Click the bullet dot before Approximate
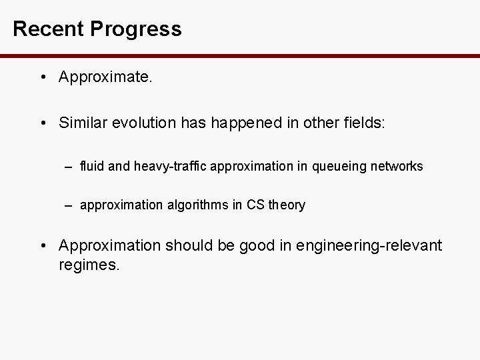42,77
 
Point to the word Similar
83,123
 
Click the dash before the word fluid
69,166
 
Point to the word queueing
331,166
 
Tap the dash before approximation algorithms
69,205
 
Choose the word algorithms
198,205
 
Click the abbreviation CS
255,205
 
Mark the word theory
287,205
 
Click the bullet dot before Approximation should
42,246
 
